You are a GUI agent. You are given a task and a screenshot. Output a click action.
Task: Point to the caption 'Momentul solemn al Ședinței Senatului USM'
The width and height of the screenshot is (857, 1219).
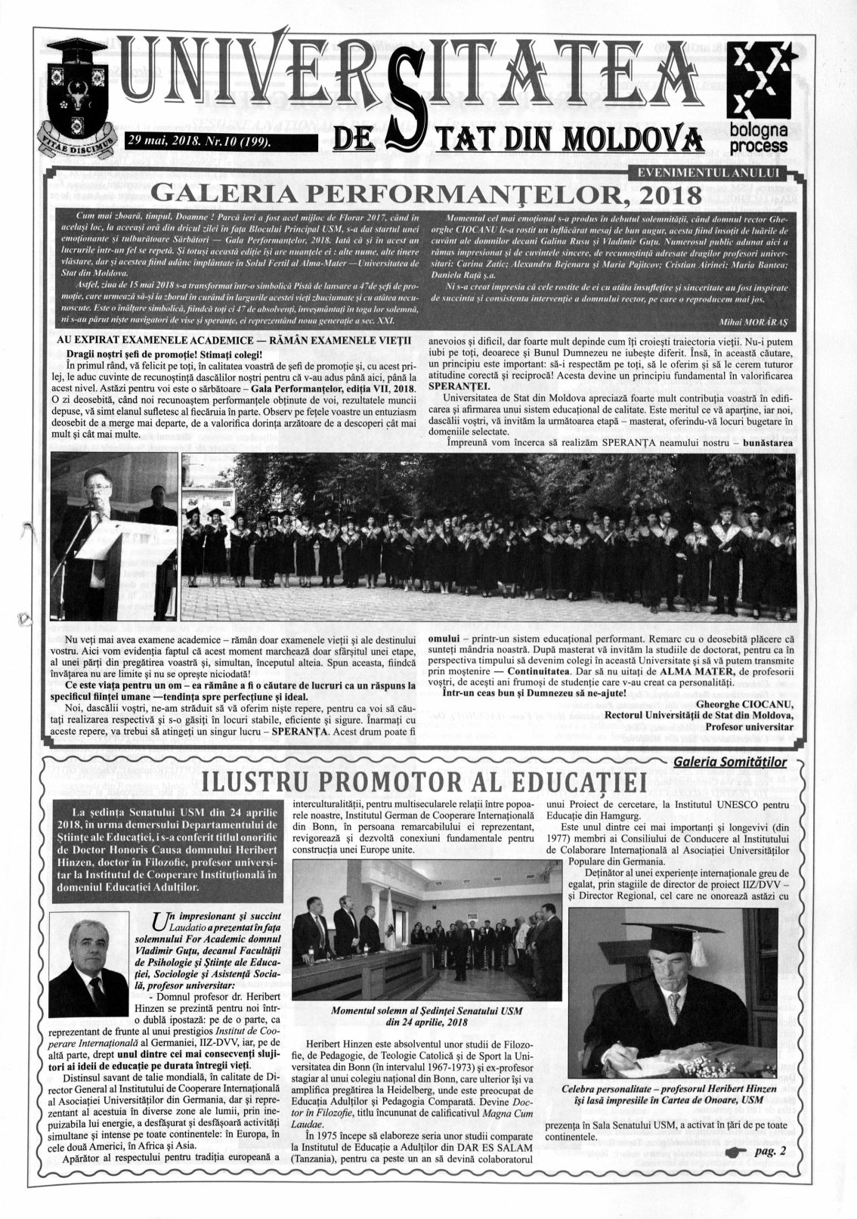(427, 1010)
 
